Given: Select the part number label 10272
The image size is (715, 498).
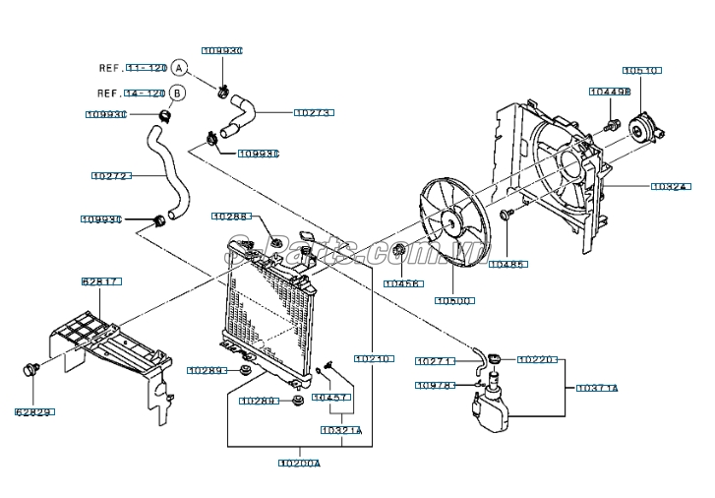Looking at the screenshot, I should point(110,176).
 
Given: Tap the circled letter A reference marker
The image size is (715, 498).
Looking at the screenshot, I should point(178,68).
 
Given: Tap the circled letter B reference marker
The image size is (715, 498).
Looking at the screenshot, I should point(177,93).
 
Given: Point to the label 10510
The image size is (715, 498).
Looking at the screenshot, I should point(641,71).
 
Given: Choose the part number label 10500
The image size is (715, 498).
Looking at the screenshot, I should point(454,300).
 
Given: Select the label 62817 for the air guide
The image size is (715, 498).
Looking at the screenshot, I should point(101,281).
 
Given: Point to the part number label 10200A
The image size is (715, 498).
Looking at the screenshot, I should point(299,463).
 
